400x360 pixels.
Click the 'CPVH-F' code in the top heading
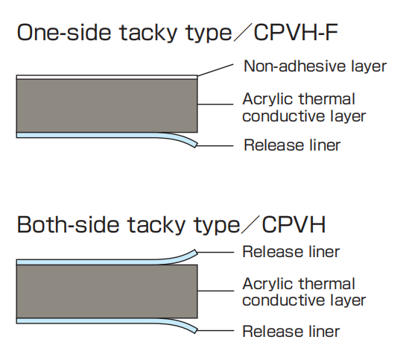[x=296, y=33]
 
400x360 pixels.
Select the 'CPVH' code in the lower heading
[x=293, y=224]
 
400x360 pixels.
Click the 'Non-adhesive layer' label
[x=315, y=66]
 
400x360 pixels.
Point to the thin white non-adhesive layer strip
[x=107, y=77]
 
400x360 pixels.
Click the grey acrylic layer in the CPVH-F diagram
[x=107, y=106]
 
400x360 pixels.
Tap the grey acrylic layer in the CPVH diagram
[x=107, y=291]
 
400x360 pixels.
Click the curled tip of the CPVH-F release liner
[x=196, y=145]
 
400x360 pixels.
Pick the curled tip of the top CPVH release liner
[x=196, y=253]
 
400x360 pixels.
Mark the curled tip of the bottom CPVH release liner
[x=196, y=330]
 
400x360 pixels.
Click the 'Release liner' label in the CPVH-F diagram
[x=292, y=145]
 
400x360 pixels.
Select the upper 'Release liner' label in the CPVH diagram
[x=291, y=252]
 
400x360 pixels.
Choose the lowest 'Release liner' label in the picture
[x=291, y=332]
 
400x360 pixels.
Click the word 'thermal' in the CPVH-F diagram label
[x=327, y=99]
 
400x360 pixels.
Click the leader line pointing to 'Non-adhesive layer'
[x=215, y=70]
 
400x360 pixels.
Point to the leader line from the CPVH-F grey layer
[x=215, y=104]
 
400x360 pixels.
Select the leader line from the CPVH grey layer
[x=216, y=291]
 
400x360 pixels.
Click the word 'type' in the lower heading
[x=217, y=226]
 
